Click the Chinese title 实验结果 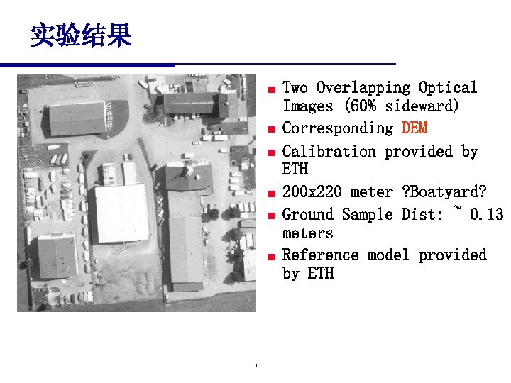coord(80,35)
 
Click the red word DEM coord(414,128)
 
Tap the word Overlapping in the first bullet coord(363,88)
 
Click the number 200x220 coord(312,192)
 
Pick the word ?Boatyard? coord(444,192)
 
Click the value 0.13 coord(486,214)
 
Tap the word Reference coord(320,255)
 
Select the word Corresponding coord(337,128)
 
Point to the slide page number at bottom coord(254,366)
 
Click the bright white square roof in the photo coord(121,212)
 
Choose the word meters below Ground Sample coord(307,233)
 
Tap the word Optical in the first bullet coord(448,88)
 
